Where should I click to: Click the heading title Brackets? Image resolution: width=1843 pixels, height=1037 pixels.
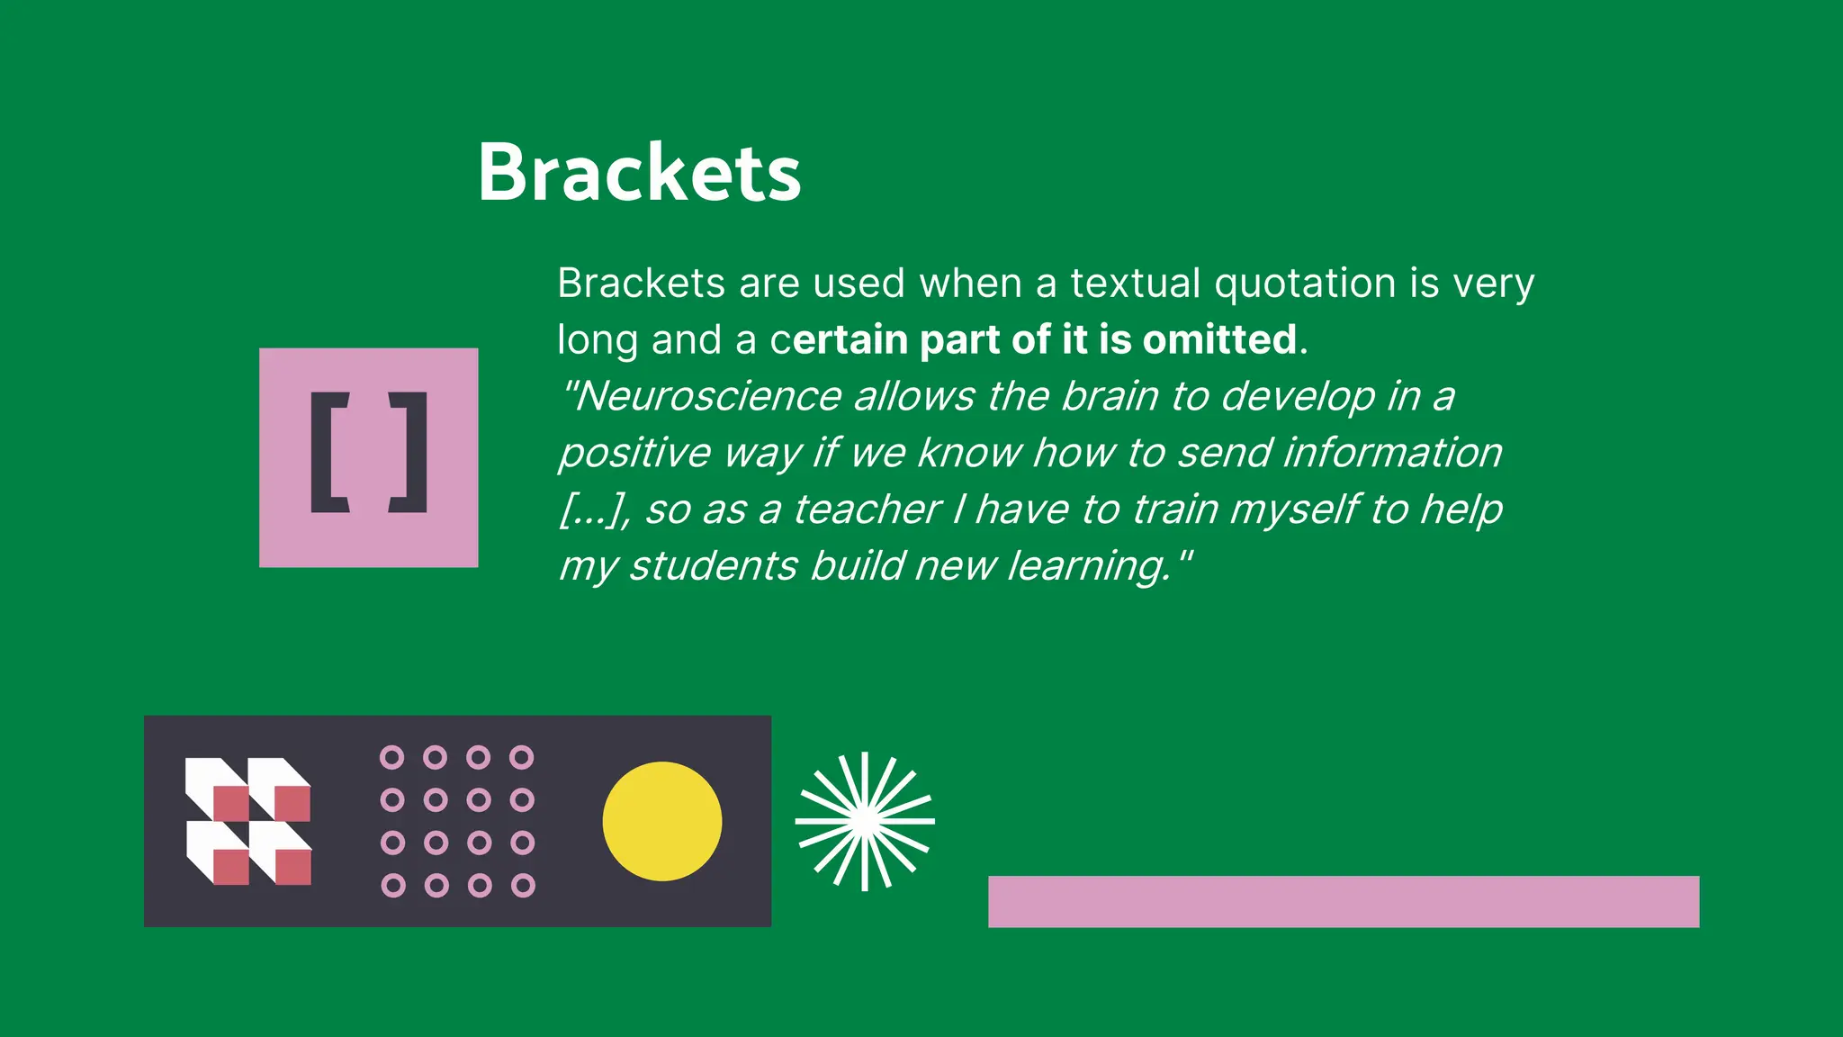pyautogui.click(x=639, y=173)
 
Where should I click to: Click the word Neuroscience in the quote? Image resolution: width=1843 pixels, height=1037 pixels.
pyautogui.click(x=707, y=396)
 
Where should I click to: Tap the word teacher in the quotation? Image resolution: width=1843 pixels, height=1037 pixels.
pyautogui.click(x=867, y=509)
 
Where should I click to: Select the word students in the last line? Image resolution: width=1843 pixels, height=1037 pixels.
pyautogui.click(x=713, y=566)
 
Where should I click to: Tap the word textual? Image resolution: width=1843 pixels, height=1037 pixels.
pyautogui.click(x=1136, y=284)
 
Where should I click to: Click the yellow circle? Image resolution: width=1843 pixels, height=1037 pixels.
pyautogui.click(x=661, y=821)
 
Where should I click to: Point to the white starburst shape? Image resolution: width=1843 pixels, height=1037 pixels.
pyautogui.click(x=865, y=821)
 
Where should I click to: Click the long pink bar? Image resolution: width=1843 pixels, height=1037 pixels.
pyautogui.click(x=1343, y=901)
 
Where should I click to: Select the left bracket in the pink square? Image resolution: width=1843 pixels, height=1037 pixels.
pyautogui.click(x=328, y=453)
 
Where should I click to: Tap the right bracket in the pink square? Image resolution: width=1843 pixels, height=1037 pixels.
pyautogui.click(x=409, y=453)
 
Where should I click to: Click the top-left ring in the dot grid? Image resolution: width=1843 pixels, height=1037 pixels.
pyautogui.click(x=392, y=757)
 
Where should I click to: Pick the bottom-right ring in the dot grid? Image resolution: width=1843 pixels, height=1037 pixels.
pyautogui.click(x=523, y=886)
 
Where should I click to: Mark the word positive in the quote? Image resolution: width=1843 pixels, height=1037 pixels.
pyautogui.click(x=634, y=453)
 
